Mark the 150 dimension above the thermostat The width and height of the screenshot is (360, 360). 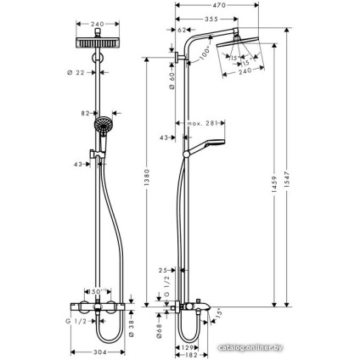coord(100,290)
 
